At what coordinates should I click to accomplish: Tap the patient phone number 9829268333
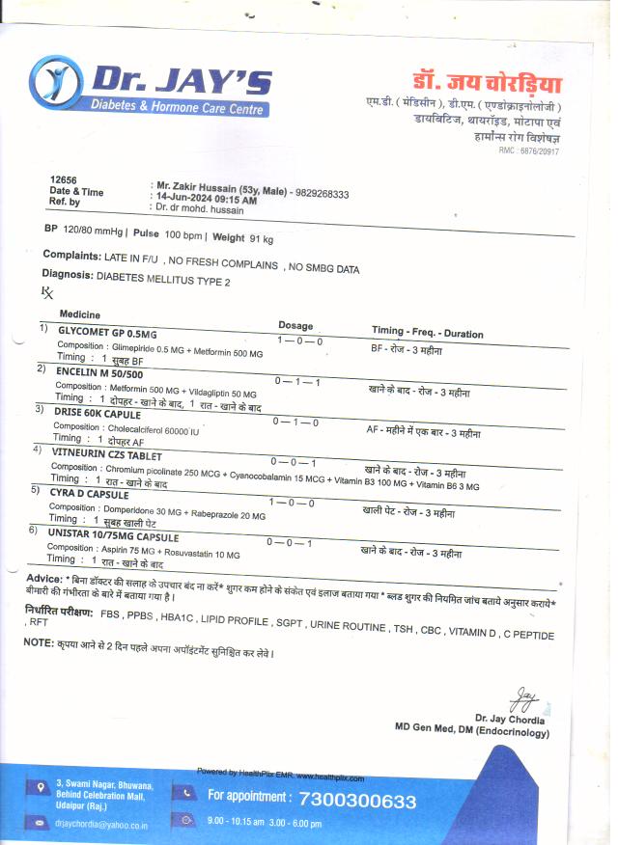pos(323,193)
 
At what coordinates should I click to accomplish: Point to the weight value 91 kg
pos(262,237)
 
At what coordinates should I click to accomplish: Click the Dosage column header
pos(295,325)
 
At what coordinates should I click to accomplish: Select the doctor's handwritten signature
pos(522,695)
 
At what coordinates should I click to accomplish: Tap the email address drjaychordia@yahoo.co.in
pos(101,825)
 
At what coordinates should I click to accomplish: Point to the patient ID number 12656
pos(63,180)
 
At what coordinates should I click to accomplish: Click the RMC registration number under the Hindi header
pos(528,151)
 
